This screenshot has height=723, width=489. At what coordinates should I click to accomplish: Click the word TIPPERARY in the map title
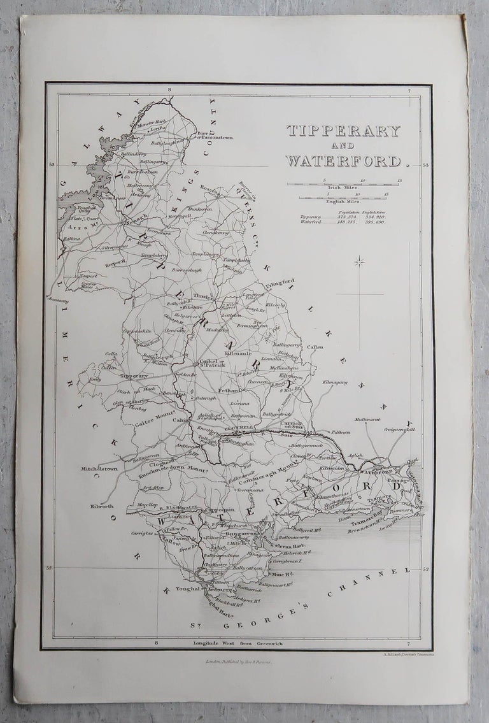tap(343, 131)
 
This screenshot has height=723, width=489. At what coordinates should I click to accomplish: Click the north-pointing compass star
tap(360, 261)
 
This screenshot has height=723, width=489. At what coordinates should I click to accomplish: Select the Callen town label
tap(315, 347)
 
